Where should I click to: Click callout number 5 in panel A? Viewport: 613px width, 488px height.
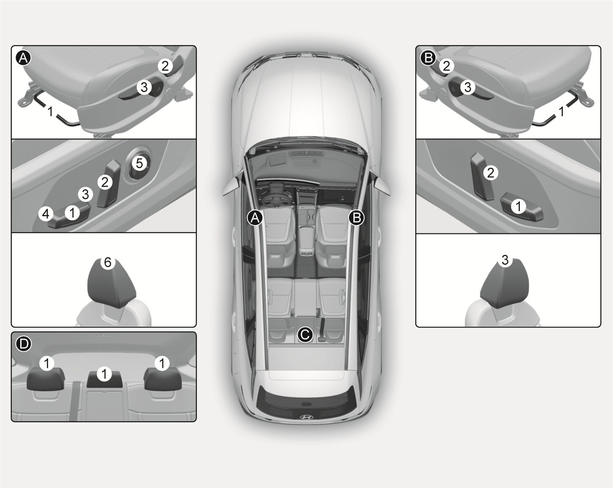tap(139, 163)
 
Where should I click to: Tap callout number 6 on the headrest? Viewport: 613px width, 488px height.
tap(108, 262)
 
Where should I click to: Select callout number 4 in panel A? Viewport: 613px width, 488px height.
tap(46, 214)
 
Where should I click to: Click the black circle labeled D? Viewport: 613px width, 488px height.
tap(24, 344)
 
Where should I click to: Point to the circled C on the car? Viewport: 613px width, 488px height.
tap(305, 335)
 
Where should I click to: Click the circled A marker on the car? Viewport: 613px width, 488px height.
tap(255, 218)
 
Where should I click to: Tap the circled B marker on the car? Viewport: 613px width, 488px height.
tap(357, 218)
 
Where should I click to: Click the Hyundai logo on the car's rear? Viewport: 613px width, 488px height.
tap(306, 417)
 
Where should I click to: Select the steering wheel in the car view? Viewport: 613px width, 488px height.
tap(276, 201)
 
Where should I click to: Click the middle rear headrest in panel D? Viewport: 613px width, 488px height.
tap(105, 380)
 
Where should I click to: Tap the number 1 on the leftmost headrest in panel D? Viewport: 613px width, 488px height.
tap(47, 363)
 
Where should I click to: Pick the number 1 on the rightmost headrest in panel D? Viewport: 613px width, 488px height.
tap(162, 363)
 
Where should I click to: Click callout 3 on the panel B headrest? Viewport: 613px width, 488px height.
tap(505, 260)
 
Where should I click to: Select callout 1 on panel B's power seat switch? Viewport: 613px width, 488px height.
tap(519, 206)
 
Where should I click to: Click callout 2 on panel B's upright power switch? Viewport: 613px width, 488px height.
tap(490, 173)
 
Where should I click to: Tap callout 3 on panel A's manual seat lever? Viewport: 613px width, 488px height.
tap(144, 87)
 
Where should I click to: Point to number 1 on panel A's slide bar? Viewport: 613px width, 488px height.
tap(50, 111)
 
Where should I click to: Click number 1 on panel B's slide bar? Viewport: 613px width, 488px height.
tap(562, 111)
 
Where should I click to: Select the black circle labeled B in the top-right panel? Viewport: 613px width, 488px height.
tap(428, 58)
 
